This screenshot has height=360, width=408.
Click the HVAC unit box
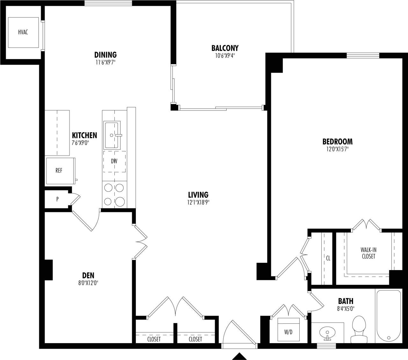pyautogui.click(x=23, y=32)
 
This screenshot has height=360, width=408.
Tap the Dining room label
pyautogui.click(x=105, y=55)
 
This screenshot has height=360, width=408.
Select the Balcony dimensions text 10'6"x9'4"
pyautogui.click(x=225, y=55)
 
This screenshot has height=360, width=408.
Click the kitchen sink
pyautogui.click(x=112, y=135)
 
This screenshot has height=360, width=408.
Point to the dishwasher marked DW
pyautogui.click(x=114, y=161)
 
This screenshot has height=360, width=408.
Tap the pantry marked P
pyautogui.click(x=57, y=199)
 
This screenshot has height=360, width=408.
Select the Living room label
pyautogui.click(x=198, y=195)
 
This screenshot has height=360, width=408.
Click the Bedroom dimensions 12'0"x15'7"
pyautogui.click(x=337, y=149)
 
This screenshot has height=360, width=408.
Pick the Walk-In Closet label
pyautogui.click(x=368, y=253)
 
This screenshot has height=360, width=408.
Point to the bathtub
pyautogui.click(x=388, y=316)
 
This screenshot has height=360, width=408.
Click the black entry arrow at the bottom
pyautogui.click(x=239, y=356)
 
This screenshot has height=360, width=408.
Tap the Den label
pyautogui.click(x=88, y=275)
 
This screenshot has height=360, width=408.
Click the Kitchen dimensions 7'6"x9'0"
pyautogui.click(x=80, y=143)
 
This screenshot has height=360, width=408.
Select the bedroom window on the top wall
pyautogui.click(x=363, y=56)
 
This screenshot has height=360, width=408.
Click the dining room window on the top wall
pyautogui.click(x=108, y=3)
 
